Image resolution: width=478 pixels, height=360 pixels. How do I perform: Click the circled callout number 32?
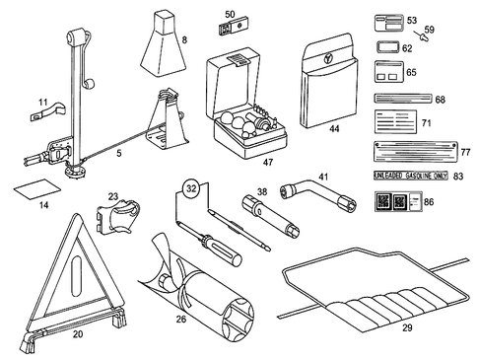coord(192,185)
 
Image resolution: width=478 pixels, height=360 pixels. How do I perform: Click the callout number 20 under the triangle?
coord(77,333)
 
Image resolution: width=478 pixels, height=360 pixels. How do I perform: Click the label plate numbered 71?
coord(399,124)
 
